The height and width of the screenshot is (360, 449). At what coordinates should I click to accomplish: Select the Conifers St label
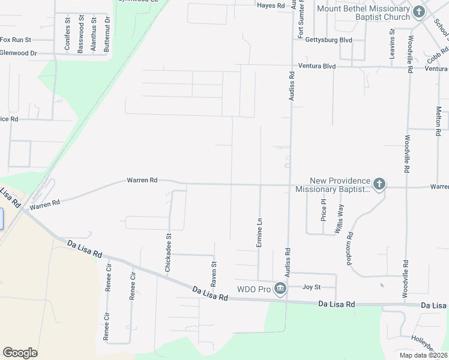[x=68, y=34]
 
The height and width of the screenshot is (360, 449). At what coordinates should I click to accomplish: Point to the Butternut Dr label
[x=107, y=34]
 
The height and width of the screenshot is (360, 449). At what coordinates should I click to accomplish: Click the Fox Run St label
[x=14, y=40]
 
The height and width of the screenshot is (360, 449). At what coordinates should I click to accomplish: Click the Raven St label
[x=213, y=272]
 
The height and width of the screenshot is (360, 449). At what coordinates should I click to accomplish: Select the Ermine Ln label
[x=259, y=232]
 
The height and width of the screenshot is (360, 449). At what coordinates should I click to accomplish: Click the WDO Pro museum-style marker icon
[x=280, y=290]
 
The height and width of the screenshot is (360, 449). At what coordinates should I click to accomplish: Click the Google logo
[x=20, y=353]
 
